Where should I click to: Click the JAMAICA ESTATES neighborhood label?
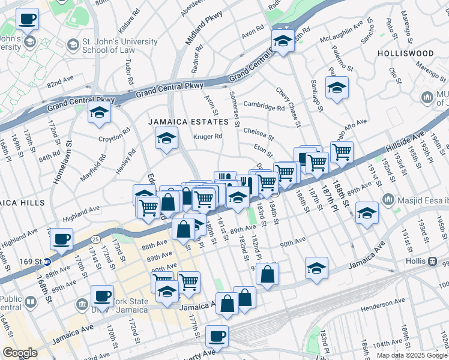189,121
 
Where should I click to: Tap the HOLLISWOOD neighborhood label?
406,53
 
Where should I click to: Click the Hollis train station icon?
432,261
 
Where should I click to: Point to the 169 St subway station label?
34,262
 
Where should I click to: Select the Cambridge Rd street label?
264,107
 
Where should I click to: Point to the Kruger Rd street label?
208,136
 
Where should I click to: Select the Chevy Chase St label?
288,107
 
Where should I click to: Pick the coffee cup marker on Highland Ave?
61,239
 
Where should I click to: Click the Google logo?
20,353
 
